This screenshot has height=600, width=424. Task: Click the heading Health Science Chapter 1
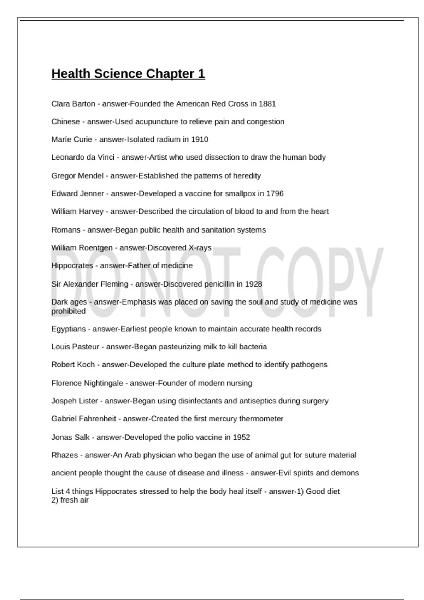(x=128, y=74)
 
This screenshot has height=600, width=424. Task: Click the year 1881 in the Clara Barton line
(x=267, y=104)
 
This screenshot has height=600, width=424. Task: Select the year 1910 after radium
(x=200, y=139)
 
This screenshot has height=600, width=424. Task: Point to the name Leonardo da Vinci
(x=83, y=157)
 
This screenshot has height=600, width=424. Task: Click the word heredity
(x=247, y=176)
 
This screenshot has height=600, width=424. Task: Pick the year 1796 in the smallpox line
(x=275, y=193)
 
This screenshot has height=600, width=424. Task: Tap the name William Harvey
(x=77, y=211)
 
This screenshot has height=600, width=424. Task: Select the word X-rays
(x=200, y=248)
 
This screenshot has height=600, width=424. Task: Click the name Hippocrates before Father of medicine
(x=72, y=265)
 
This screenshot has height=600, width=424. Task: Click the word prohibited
(x=69, y=311)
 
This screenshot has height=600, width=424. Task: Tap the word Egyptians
(x=69, y=329)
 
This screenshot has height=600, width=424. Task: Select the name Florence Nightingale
(x=87, y=383)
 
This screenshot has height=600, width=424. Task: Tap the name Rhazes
(x=65, y=455)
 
